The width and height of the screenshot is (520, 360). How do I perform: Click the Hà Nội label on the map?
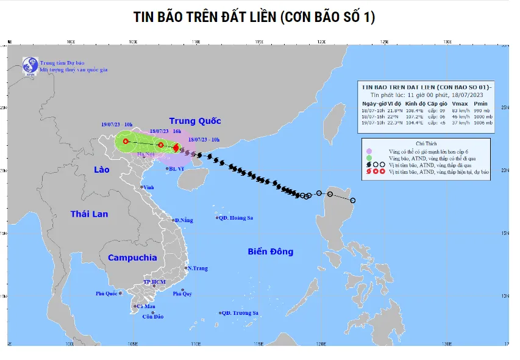(146, 154)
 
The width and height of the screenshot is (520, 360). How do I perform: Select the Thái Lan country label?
(89, 214)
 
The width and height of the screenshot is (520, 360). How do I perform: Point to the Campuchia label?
(132, 257)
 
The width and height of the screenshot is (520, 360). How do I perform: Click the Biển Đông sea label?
(271, 251)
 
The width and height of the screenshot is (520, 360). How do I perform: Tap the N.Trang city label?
(198, 268)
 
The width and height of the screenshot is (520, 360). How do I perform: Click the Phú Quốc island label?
(106, 293)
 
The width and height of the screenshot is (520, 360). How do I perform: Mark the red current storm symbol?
(176, 147)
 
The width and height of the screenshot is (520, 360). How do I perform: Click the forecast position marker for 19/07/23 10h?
(126, 142)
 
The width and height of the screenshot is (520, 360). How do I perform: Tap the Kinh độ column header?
(415, 103)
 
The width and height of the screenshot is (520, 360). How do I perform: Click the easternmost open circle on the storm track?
(352, 200)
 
